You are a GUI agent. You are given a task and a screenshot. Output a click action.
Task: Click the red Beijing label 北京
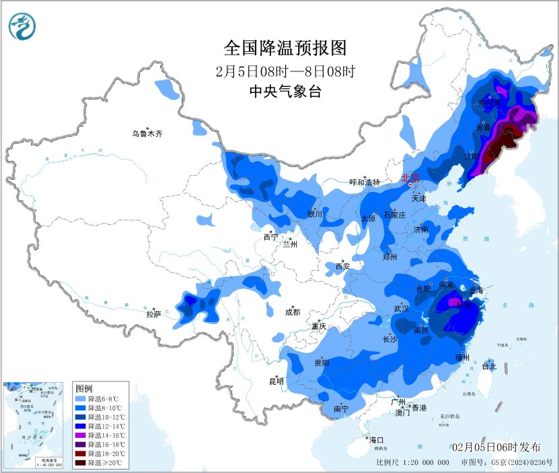pos(410,179)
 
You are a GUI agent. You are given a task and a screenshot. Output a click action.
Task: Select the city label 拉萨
pos(153,314)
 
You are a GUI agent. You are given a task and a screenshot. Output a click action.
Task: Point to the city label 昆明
pos(276,381)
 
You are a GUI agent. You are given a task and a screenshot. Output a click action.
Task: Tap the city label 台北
pos(489,367)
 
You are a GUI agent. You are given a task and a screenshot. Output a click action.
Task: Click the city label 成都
pos(293,312)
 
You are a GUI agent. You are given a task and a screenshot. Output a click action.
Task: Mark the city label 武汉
pos(402,309)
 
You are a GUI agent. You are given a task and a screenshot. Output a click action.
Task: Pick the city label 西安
pos(343,267)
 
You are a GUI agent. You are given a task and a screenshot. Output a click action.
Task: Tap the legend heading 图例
pos(84,389)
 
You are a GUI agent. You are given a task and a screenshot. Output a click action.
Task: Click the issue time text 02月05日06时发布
pos(496,447)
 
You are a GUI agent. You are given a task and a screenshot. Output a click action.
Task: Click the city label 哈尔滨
pos(489,103)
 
